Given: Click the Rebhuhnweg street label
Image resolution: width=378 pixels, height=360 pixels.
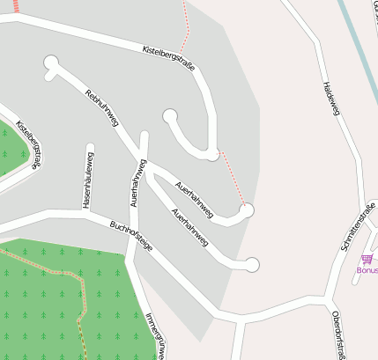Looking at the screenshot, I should pos(101,107).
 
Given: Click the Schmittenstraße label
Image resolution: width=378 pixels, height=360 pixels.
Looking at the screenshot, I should pos(358,228).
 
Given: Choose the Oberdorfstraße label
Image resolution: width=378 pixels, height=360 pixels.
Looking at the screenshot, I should pos(337,335).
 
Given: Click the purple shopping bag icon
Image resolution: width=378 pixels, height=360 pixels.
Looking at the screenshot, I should pos(366,259).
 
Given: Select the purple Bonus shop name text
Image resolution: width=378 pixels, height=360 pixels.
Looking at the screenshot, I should pos(367,270).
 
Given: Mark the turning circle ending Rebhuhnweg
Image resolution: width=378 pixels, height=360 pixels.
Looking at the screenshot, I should pos(51,62).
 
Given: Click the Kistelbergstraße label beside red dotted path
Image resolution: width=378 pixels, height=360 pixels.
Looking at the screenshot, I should pos(168,58).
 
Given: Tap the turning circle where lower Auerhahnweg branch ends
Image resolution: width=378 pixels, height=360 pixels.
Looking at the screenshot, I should pos(253,264).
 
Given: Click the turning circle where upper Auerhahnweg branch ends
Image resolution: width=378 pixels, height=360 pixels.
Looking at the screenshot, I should pos(248,209).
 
